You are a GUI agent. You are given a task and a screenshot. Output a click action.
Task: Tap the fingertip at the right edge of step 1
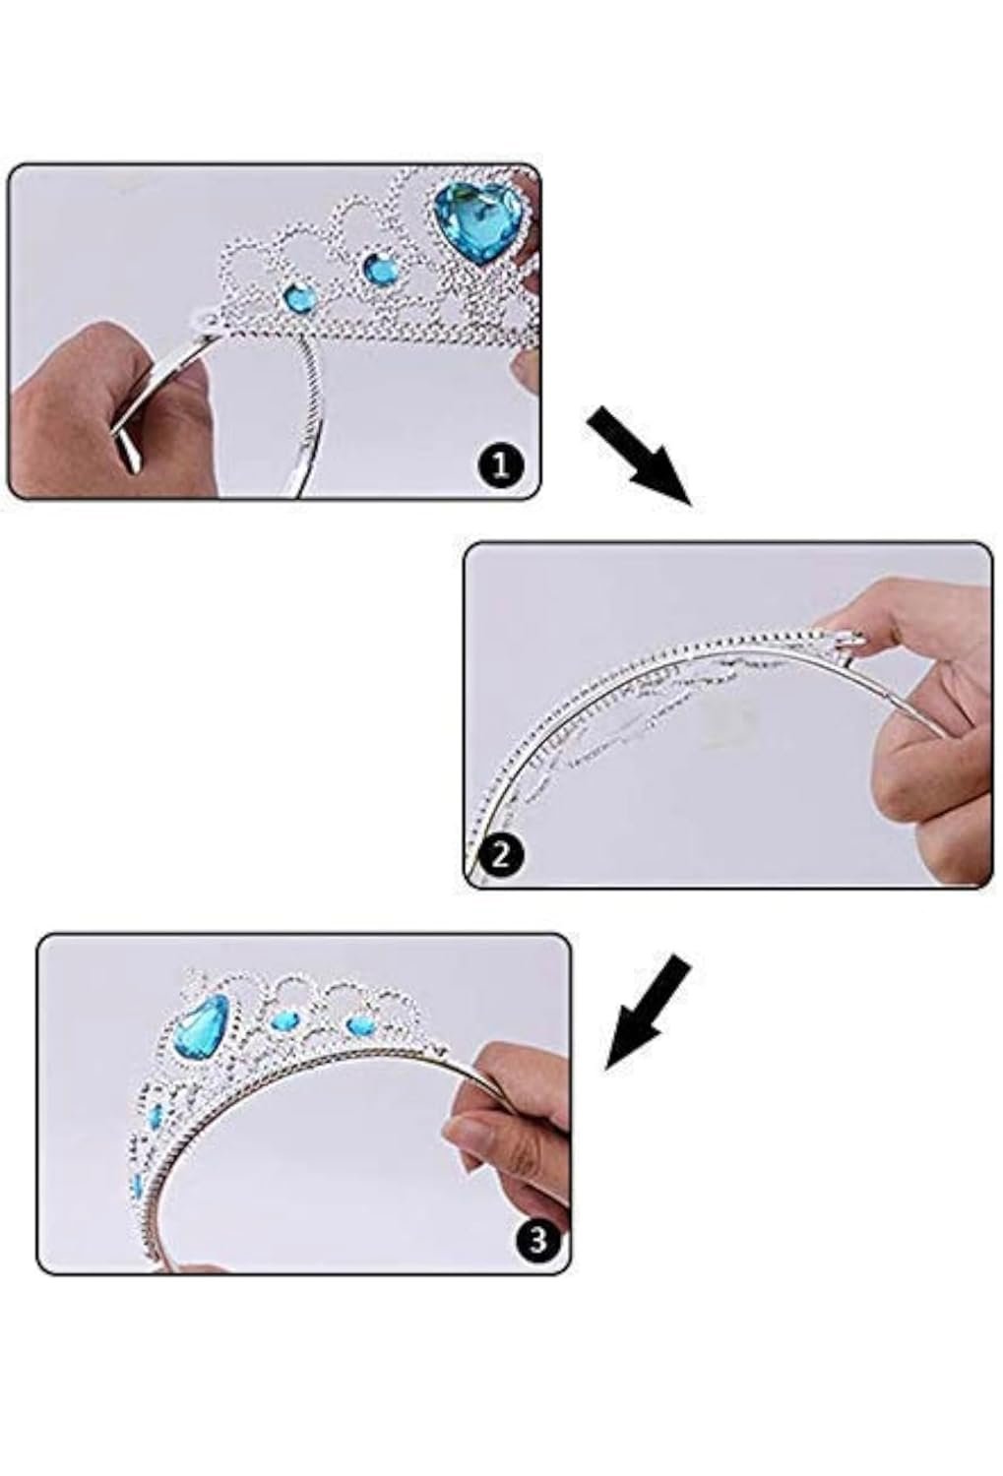[x=529, y=366]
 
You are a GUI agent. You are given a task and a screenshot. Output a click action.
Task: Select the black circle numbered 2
[x=499, y=855]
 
